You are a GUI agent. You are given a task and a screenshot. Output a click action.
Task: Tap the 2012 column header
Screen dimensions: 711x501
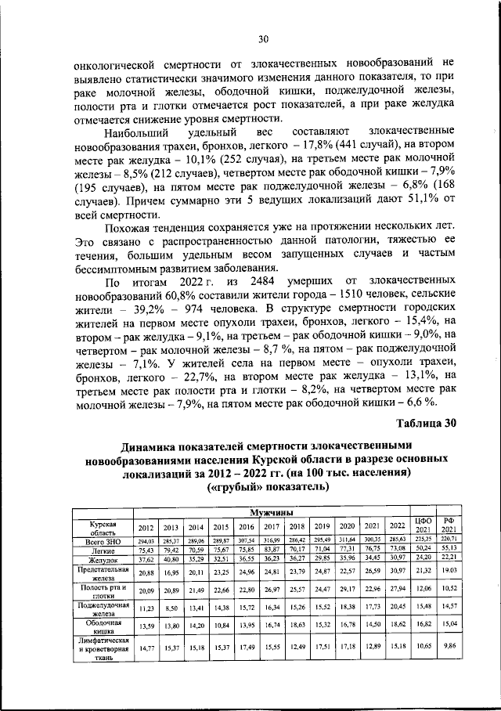tap(146, 525)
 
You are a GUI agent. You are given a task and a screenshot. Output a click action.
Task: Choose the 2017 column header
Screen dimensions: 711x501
tap(272, 525)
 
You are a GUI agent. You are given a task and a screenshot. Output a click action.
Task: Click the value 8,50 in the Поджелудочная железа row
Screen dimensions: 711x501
tap(171, 607)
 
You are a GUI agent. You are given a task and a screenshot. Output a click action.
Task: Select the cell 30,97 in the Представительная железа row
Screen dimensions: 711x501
tap(398, 574)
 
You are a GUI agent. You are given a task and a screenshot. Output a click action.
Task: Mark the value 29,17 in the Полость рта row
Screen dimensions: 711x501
tap(348, 588)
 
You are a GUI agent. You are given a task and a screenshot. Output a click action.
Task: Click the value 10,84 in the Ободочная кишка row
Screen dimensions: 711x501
tap(222, 624)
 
